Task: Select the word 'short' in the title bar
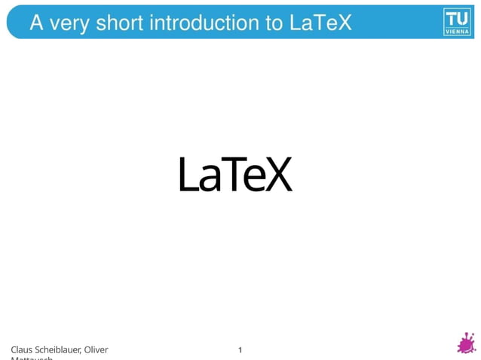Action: [x=120, y=23]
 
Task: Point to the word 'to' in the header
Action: [x=273, y=23]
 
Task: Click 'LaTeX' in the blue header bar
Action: [x=320, y=23]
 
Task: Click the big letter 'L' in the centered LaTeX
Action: [x=187, y=175]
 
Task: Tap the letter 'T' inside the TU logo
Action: [x=451, y=17]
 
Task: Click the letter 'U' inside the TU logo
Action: [x=463, y=17]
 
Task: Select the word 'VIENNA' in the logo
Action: [x=457, y=32]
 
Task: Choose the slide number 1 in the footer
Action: [x=240, y=349]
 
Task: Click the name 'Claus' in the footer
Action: [x=21, y=349]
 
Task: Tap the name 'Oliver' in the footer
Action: [x=96, y=349]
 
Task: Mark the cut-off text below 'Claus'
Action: [x=32, y=358]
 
